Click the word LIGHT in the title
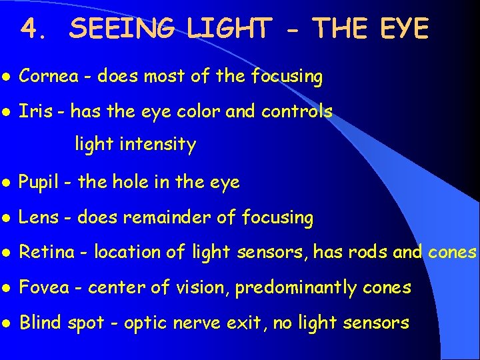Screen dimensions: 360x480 click(x=229, y=28)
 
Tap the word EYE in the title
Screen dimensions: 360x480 click(x=403, y=28)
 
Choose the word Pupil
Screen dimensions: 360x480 click(x=39, y=182)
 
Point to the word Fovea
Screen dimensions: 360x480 click(x=43, y=287)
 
